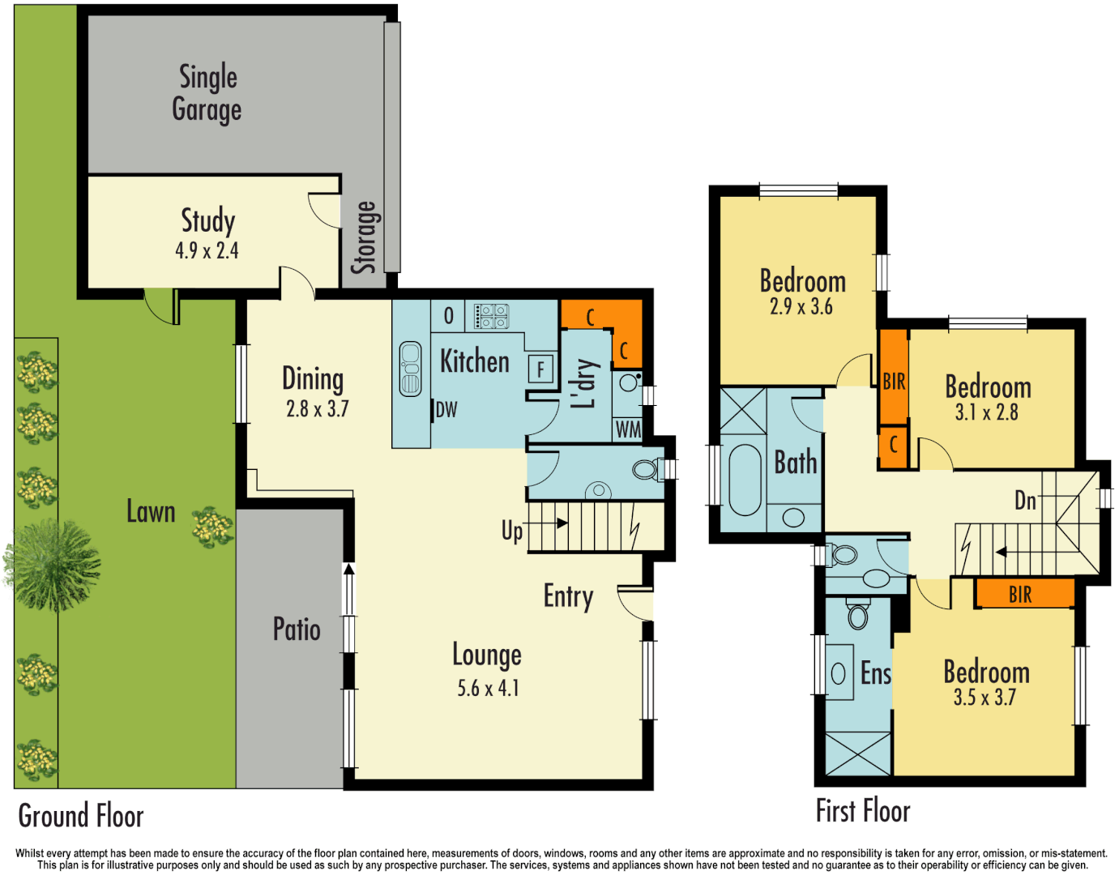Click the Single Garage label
click(207, 93)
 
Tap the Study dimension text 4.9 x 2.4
click(207, 251)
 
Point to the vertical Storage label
click(365, 237)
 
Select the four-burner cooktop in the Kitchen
click(492, 316)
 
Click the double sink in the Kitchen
click(411, 369)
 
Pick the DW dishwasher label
click(446, 410)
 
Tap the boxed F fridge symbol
click(540, 369)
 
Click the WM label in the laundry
click(628, 429)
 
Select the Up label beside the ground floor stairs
click(512, 531)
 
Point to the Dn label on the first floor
click(1025, 501)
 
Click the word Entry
click(568, 596)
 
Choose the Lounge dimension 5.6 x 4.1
click(488, 689)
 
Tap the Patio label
click(297, 630)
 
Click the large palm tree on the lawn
click(53, 564)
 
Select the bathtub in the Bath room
click(745, 479)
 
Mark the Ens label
click(875, 673)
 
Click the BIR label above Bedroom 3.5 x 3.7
click(1020, 595)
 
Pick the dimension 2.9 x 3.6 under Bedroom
click(801, 307)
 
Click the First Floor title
click(863, 810)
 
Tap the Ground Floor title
click(81, 816)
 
